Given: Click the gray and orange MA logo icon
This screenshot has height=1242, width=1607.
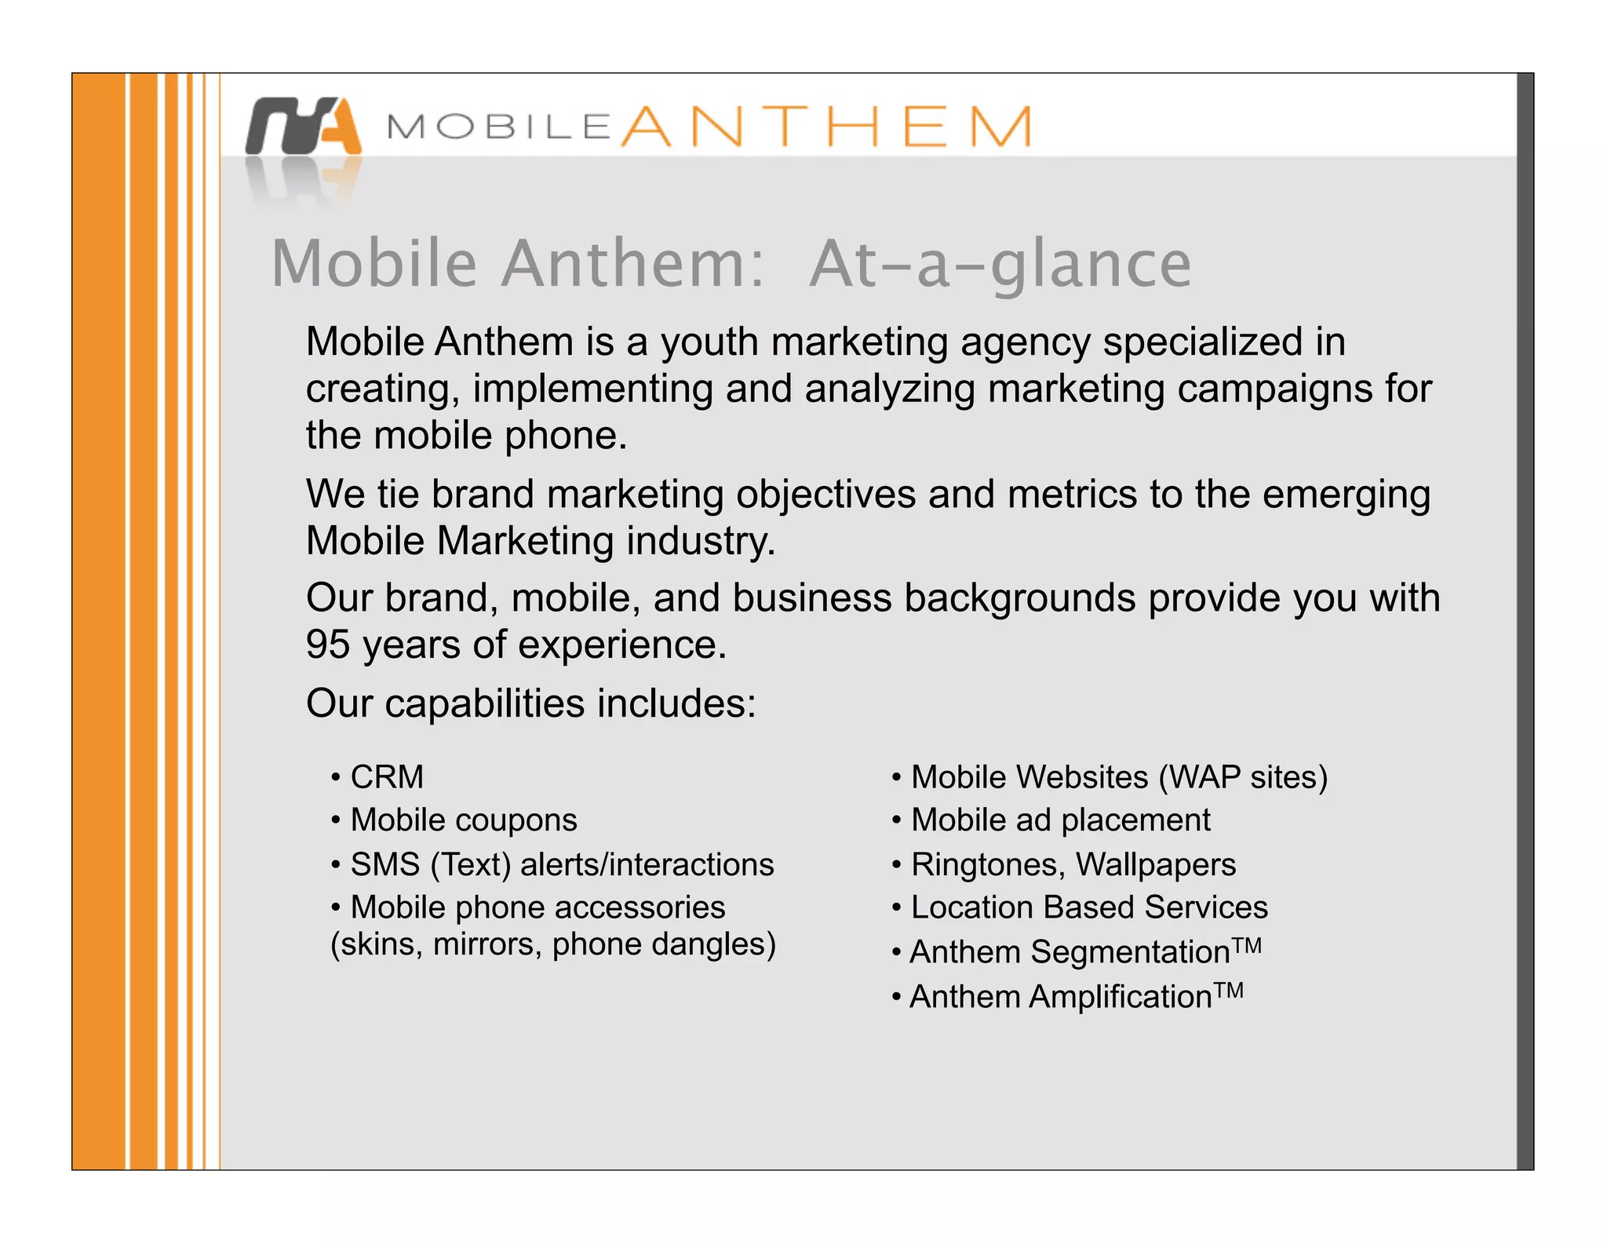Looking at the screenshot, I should tap(304, 126).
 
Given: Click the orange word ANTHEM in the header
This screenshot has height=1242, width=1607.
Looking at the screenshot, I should tap(825, 126).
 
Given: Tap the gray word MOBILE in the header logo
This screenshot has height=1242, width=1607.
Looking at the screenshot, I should tap(499, 127).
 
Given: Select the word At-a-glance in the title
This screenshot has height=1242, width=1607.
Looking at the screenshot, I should tap(1000, 265).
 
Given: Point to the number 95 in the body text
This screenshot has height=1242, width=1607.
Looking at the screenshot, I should tap(327, 645).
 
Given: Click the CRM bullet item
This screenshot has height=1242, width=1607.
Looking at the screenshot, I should tap(387, 777).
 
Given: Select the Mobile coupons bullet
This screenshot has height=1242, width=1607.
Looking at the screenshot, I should tap(463, 820).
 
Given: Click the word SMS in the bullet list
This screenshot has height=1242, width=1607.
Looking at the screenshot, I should tap(385, 864).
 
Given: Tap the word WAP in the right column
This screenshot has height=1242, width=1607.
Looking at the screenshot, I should tap(1200, 777).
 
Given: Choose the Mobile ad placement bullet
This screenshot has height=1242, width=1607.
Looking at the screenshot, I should tap(1059, 820).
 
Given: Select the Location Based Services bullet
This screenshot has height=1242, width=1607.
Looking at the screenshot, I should tap(1088, 908).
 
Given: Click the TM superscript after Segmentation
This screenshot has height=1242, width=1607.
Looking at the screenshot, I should tap(1247, 945).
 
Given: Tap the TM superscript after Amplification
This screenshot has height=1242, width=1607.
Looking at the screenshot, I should tap(1229, 990).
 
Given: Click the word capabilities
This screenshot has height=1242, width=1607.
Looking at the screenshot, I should tap(484, 703).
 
